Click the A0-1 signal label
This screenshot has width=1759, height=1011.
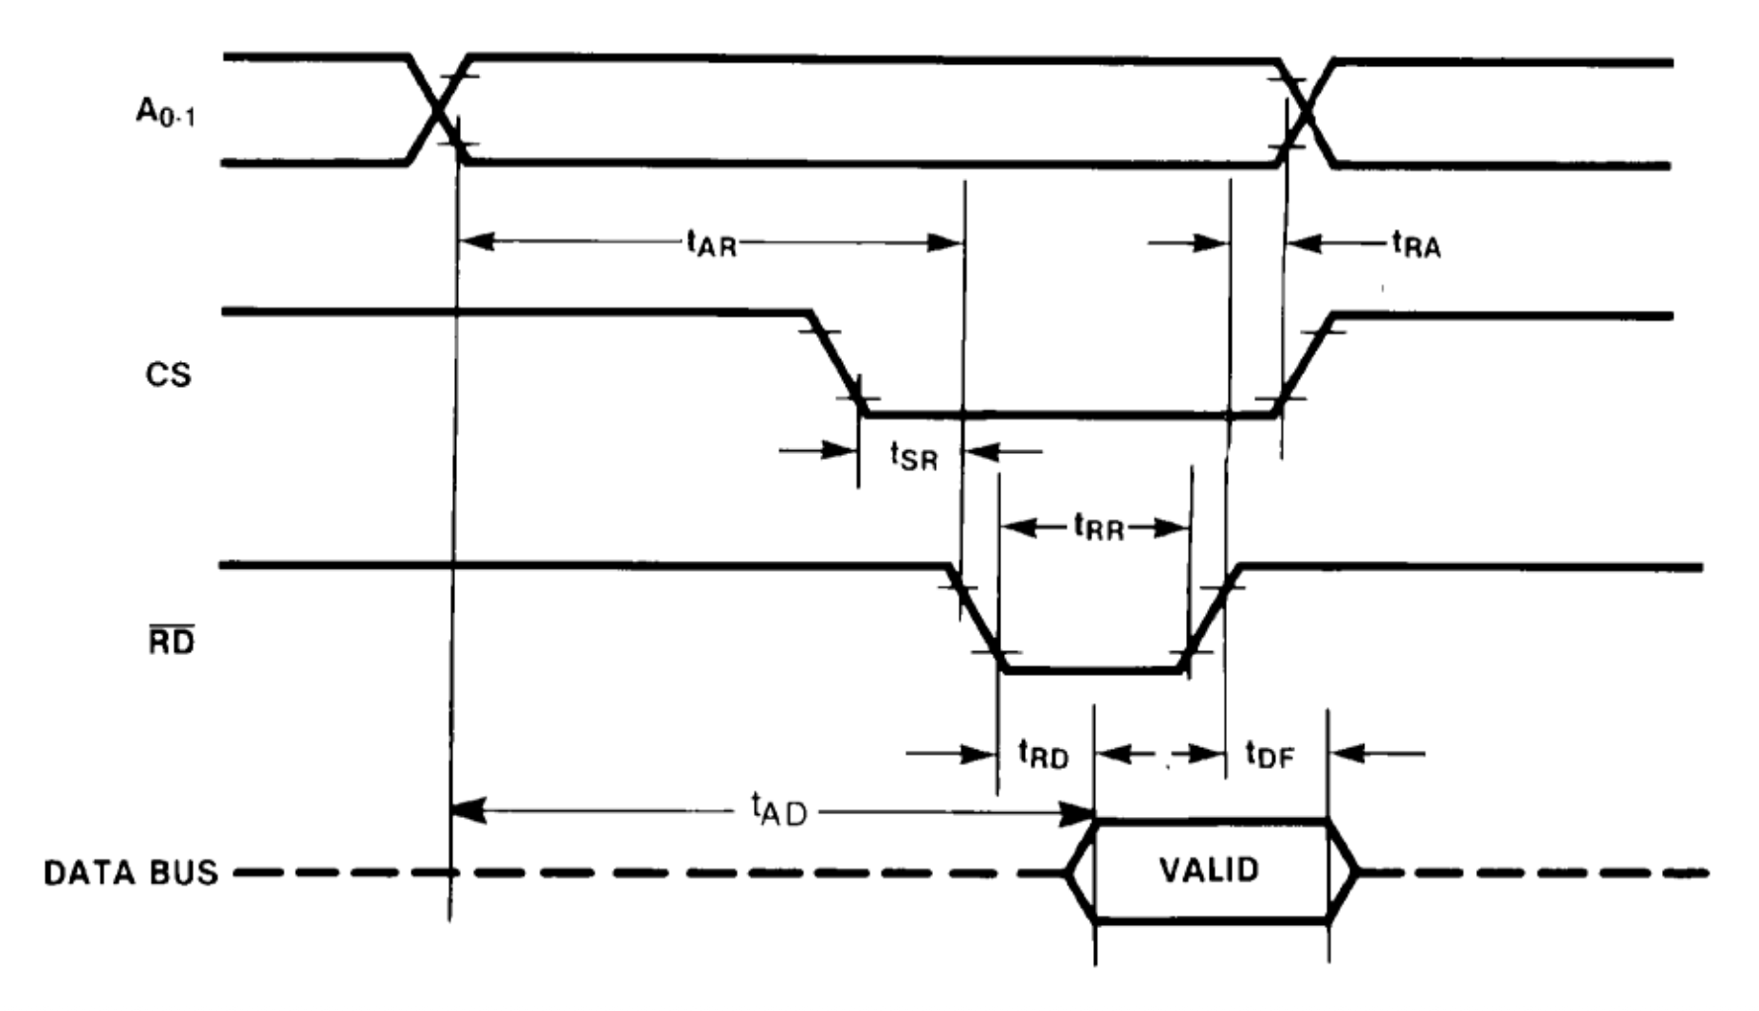point(166,113)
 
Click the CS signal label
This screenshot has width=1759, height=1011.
point(168,376)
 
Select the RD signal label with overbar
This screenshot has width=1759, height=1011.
point(171,642)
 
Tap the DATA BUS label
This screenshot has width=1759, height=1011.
point(131,873)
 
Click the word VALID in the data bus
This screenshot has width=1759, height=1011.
point(1209,871)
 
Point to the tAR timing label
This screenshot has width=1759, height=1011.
point(711,243)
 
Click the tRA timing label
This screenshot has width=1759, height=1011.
point(1416,244)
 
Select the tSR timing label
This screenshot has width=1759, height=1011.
point(912,456)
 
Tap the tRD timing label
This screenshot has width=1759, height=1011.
point(1044,755)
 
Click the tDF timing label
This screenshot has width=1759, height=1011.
point(1269,755)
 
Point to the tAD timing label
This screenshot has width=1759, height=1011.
point(779,810)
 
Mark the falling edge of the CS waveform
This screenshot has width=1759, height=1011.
point(838,364)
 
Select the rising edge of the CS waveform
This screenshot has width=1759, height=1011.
point(1304,364)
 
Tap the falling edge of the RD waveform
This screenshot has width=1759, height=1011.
point(977,618)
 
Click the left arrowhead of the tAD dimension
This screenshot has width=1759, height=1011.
point(467,812)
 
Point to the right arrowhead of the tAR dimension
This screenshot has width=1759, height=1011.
point(946,242)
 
